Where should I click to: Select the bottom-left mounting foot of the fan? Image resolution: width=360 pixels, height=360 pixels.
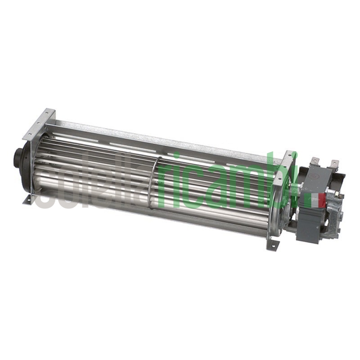click(x=28, y=199)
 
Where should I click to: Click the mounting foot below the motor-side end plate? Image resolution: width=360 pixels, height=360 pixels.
click(x=273, y=244)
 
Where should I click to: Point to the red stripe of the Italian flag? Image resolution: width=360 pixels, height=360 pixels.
click(x=322, y=200)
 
